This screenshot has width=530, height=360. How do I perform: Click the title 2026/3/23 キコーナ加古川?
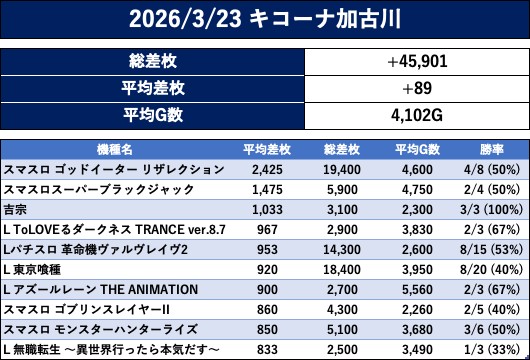pos(265,19)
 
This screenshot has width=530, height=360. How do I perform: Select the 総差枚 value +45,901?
pos(417,62)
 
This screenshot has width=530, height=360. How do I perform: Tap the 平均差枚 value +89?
pos(417,88)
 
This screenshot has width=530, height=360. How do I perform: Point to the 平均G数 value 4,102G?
pos(417,116)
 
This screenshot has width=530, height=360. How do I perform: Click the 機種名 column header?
pos(115,149)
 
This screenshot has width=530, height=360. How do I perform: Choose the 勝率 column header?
pos(492,149)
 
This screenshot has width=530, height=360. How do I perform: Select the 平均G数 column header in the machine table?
pos(417,149)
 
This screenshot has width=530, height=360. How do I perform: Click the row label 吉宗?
pos(15,210)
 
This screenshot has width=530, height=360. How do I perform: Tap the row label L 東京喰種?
pos(32,270)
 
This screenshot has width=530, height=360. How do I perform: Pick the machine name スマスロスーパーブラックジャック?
pos(99,189)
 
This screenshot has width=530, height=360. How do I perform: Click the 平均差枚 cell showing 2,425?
pos(267,169)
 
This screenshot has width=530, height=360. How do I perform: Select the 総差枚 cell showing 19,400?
pos(342,169)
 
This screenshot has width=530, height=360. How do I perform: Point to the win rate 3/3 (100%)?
pos(491,210)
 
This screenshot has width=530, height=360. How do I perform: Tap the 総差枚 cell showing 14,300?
pos(342,249)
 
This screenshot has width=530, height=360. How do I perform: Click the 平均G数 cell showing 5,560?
pos(417,290)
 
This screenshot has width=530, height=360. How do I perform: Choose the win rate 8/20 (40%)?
pos(491,270)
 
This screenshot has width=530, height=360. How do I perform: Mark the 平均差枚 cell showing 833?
pos(267,350)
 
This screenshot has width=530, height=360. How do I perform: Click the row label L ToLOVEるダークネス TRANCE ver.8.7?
pos(114,230)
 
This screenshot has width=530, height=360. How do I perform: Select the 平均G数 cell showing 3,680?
pos(417,330)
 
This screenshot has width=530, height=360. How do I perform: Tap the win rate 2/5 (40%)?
pos(491,310)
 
